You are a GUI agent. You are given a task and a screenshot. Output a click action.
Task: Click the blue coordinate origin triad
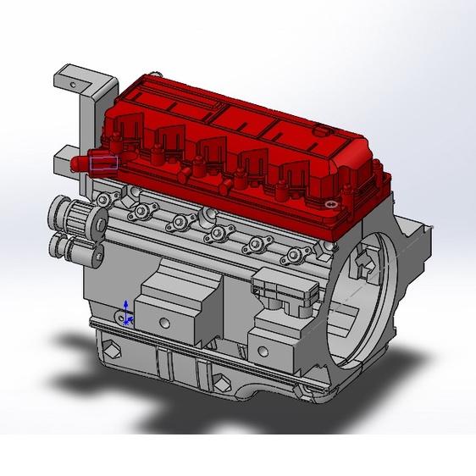(x=126, y=314)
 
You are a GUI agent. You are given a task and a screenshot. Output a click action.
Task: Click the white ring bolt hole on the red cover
(x=330, y=203)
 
